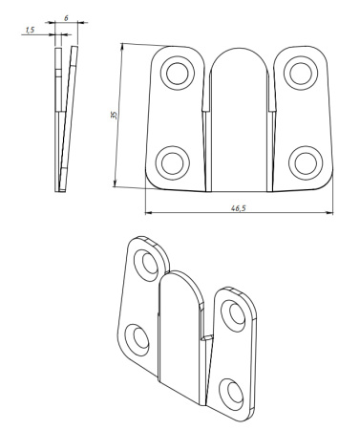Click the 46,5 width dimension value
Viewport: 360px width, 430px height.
[x=239, y=208]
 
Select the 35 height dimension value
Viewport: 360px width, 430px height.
[x=114, y=116]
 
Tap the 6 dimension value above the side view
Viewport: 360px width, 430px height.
[x=66, y=18]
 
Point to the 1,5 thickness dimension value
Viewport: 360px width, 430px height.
[x=30, y=31]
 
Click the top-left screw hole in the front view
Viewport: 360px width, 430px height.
[x=178, y=73]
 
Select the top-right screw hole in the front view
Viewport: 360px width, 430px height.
[x=301, y=74]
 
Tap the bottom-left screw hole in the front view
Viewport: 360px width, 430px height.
[x=173, y=163]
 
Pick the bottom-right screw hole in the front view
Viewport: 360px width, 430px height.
[x=306, y=163]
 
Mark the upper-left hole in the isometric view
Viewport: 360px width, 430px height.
[x=147, y=264]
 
